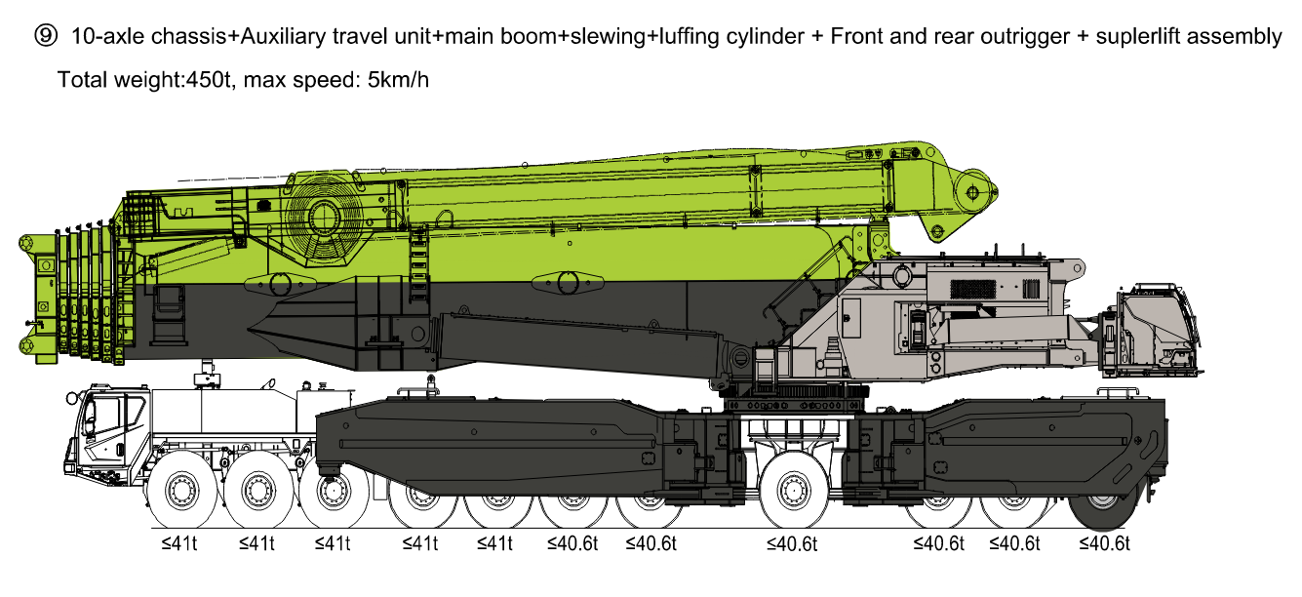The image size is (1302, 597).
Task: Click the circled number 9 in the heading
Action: (46, 36)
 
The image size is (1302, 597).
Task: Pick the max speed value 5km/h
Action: (398, 80)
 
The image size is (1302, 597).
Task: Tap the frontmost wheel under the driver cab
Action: (182, 490)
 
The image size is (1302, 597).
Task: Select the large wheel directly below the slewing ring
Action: (794, 490)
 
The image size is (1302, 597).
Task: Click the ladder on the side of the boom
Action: (418, 264)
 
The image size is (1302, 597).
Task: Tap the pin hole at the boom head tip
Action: (973, 192)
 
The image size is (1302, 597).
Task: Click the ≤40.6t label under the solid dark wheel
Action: (1104, 543)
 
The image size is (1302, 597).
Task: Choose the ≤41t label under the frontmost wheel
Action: (179, 543)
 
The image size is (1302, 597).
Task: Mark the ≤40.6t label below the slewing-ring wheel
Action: (792, 544)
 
